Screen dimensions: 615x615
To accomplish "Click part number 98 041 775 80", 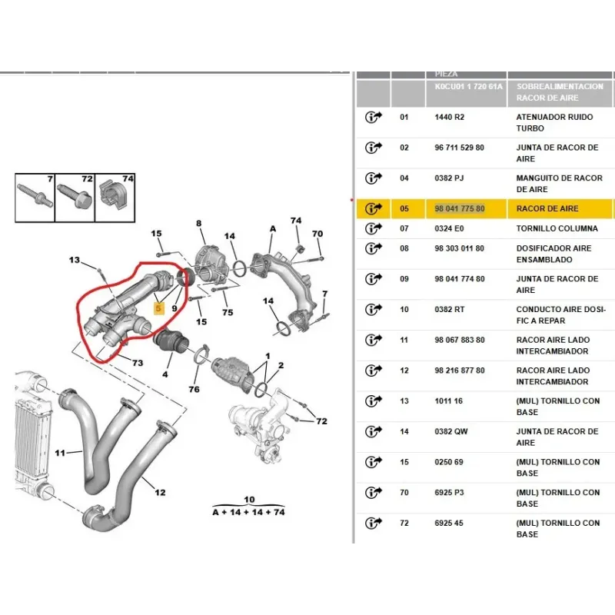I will point(460,208).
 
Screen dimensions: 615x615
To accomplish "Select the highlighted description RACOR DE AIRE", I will point(547,208).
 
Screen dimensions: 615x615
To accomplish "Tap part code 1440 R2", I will point(449,117).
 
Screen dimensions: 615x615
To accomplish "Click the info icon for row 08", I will point(374,248).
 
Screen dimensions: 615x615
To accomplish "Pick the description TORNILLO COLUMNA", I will point(556,228).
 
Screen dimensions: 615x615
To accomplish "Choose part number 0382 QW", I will point(450,431).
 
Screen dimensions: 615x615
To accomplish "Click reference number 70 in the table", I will point(404,493).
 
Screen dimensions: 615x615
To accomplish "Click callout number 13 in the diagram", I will point(75,261).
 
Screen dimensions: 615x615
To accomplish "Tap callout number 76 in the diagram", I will point(194,390).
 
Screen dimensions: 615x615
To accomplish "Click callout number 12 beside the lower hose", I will point(160,493).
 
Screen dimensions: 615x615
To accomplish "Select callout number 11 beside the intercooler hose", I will point(60,453).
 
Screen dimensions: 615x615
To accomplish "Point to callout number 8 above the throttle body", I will point(198,224).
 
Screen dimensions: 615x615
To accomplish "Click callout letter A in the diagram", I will point(272,228).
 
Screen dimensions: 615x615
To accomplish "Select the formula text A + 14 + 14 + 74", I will point(248,510).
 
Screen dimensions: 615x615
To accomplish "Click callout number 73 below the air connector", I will point(137,363).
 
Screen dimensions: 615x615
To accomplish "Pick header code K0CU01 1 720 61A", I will point(468,87).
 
